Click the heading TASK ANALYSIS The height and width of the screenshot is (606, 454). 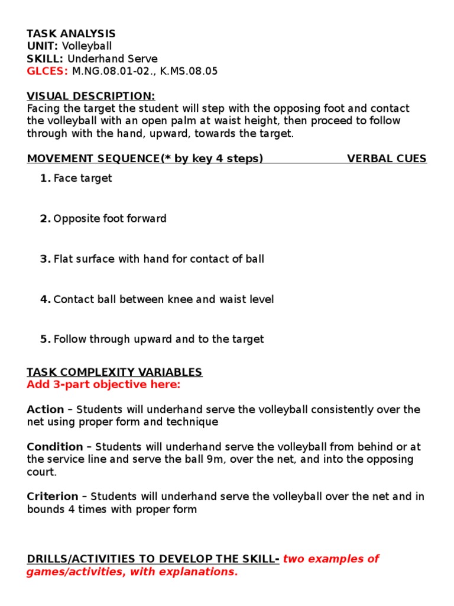(71, 34)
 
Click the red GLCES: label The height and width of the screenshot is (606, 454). (47, 71)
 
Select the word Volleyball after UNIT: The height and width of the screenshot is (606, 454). (87, 46)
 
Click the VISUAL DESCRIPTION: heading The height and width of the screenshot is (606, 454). (91, 96)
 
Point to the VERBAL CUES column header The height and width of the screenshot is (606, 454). (387, 159)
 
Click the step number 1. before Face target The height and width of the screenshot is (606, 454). (46, 178)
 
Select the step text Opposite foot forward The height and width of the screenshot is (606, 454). (110, 218)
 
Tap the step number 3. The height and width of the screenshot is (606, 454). (46, 259)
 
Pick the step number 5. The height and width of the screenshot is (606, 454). (46, 339)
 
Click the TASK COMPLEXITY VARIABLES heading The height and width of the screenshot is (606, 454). (114, 372)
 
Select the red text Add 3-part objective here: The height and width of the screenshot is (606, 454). (103, 385)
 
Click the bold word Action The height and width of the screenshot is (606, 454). (46, 410)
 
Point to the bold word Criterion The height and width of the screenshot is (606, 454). (53, 497)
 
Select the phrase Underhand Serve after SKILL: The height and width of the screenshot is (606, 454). (112, 59)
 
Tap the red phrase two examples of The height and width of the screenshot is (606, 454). (331, 559)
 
